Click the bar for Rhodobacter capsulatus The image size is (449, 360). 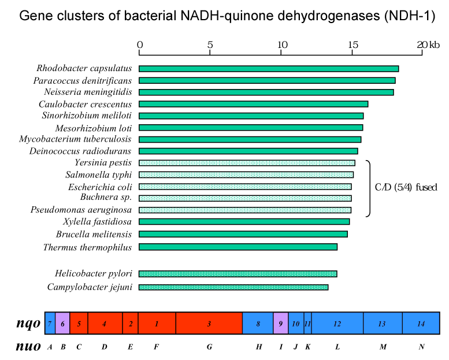[269, 69]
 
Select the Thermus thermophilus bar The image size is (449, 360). [238, 247]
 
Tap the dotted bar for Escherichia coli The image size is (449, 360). [245, 187]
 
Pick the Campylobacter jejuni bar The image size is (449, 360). [233, 287]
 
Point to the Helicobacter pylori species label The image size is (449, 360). [94, 274]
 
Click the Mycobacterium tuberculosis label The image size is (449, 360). [75, 139]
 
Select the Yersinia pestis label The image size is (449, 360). [103, 163]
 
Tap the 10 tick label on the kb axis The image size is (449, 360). [282, 44]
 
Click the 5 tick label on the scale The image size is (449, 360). [210, 44]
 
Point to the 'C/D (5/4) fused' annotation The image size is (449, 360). [406, 187]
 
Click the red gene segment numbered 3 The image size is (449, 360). [209, 323]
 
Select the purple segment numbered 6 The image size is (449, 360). [62, 323]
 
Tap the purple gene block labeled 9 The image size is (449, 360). [281, 323]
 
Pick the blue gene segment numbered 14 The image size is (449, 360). [421, 323]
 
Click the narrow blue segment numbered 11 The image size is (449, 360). [307, 323]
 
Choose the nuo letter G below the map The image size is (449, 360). [209, 347]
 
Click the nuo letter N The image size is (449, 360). [421, 347]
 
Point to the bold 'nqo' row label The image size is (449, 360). [28, 324]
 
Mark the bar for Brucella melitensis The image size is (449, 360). [243, 234]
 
